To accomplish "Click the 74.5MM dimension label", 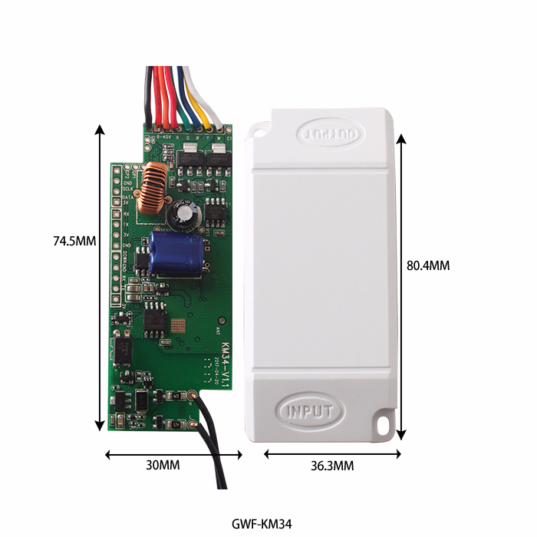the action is click(x=74, y=240).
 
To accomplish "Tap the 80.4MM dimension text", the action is click(x=427, y=265).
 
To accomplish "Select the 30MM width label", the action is click(x=163, y=466).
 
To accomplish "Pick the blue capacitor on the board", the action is click(x=176, y=255).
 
